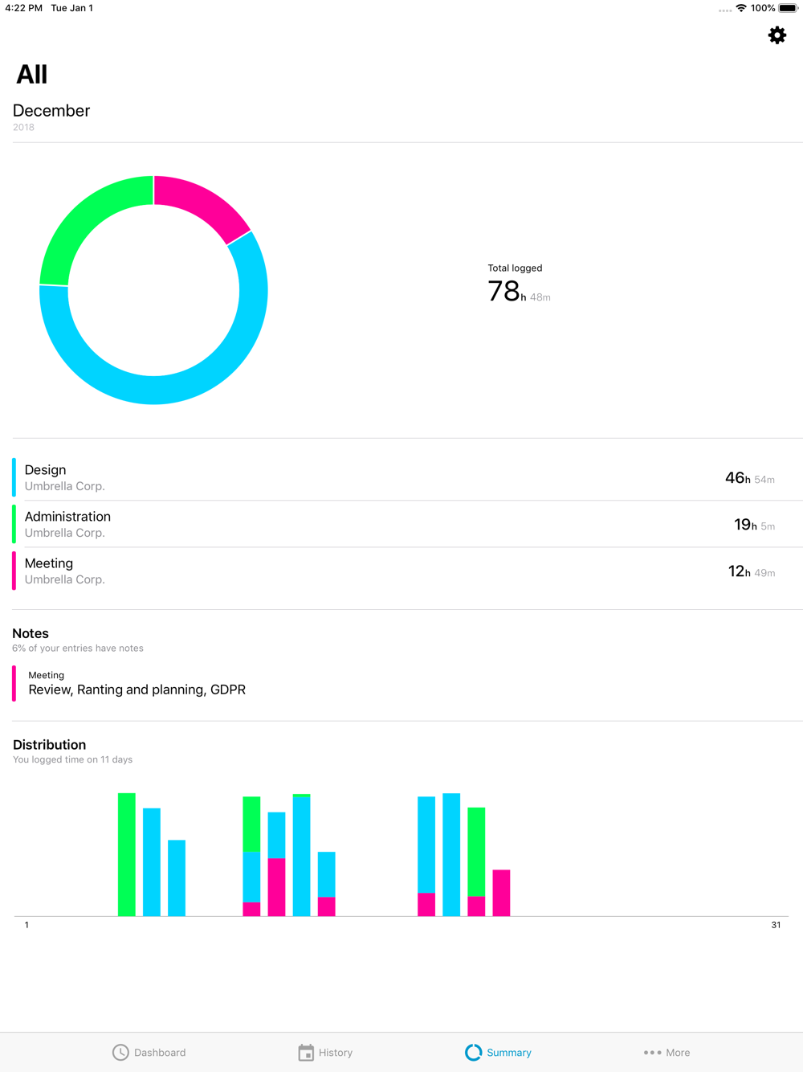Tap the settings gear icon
tap(777, 35)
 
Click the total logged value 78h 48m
tap(518, 291)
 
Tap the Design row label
tap(46, 470)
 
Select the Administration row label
tap(67, 517)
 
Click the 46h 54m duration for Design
tap(749, 478)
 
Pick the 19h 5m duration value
tap(753, 525)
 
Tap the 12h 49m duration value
tap(751, 571)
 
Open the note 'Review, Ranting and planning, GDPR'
tap(137, 689)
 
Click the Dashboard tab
tap(149, 1052)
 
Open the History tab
tap(325, 1052)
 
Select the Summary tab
tap(498, 1052)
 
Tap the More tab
tap(666, 1052)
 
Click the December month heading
tap(51, 111)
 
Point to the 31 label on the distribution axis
tap(776, 925)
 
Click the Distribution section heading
tap(50, 745)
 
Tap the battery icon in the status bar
tap(788, 8)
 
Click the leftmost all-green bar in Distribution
tap(127, 854)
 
